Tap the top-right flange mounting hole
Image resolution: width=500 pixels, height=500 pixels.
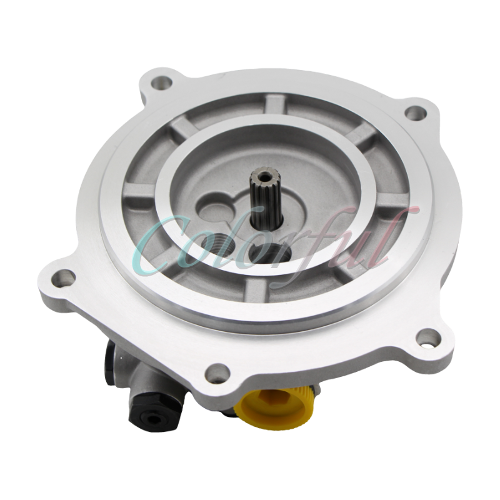tap(411, 112)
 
